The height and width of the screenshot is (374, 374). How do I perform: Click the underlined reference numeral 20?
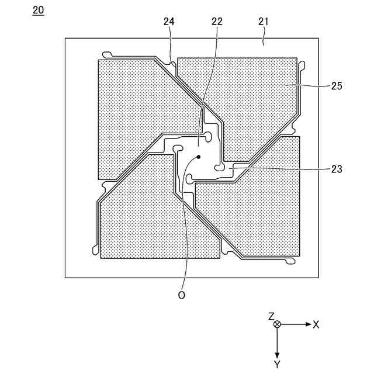38,11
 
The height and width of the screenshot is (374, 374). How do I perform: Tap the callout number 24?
169,22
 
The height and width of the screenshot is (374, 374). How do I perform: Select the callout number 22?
217,22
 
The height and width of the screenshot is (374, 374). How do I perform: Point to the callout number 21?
263,22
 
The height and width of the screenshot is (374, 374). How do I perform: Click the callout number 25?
337,85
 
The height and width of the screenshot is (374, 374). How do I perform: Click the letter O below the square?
182,296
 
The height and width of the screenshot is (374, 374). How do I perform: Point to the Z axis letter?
271,316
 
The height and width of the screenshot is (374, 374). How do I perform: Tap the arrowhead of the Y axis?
278,355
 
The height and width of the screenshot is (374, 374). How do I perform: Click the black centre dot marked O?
199,157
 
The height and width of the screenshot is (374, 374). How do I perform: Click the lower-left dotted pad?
146,216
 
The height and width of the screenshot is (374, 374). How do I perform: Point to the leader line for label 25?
307,86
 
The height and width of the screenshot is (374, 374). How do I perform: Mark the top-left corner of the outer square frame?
65,39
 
